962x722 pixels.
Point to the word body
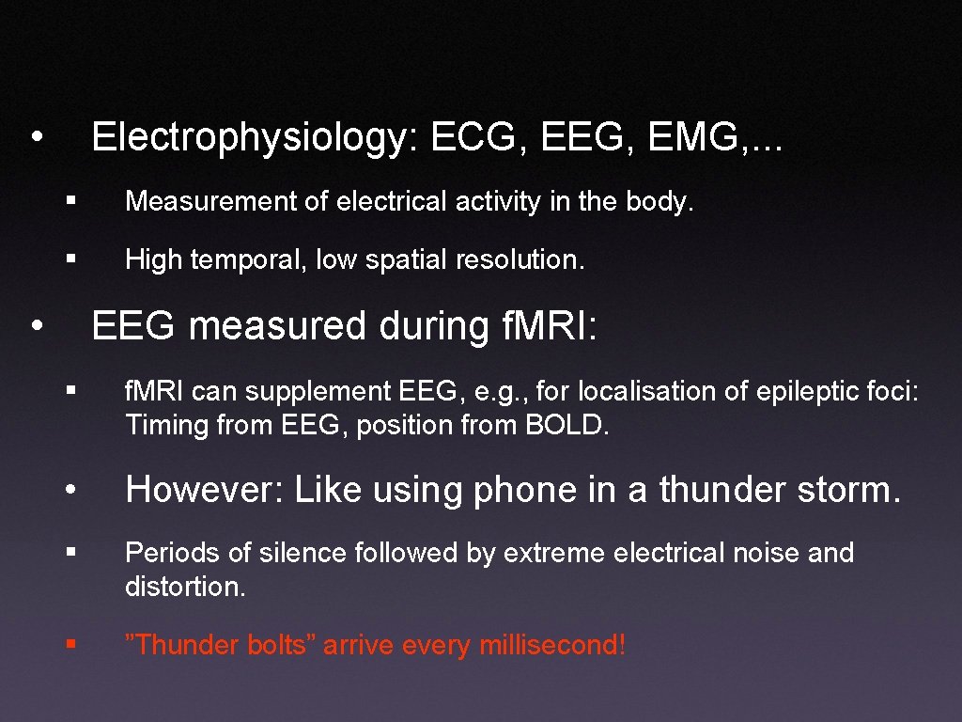[662, 202]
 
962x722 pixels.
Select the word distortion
[185, 589]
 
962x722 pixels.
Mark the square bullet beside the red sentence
[71, 646]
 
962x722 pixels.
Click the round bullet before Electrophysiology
[36, 137]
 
